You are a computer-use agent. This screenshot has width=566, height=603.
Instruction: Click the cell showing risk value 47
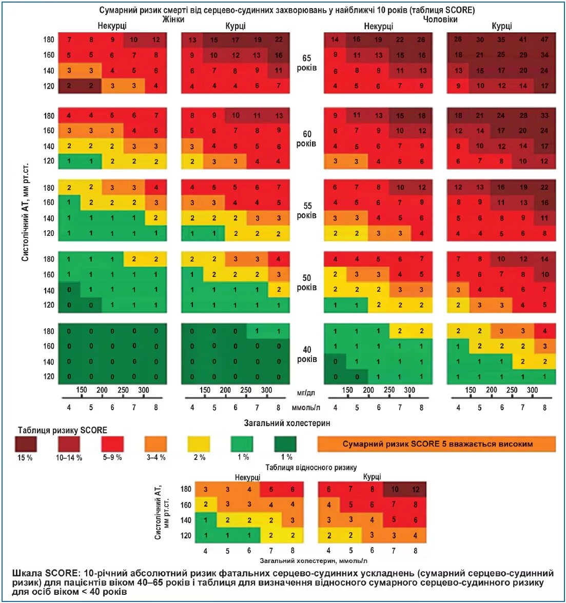tap(544, 39)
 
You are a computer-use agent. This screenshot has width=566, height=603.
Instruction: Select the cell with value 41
tap(523, 39)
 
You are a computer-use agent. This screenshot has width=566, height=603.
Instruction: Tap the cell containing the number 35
tap(501, 39)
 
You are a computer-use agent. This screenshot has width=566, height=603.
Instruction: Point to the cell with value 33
tap(544, 116)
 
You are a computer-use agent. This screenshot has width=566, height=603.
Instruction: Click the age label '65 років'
tap(306, 63)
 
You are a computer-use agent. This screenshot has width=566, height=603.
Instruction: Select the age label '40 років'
tap(306, 354)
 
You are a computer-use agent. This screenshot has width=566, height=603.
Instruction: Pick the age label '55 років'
tap(306, 210)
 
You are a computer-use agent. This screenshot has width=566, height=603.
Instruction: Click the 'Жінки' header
tap(173, 19)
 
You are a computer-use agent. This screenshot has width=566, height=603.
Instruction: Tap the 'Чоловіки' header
tap(440, 19)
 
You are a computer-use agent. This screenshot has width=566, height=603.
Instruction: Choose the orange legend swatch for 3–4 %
tap(155, 444)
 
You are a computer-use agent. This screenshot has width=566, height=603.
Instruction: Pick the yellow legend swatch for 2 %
tap(199, 444)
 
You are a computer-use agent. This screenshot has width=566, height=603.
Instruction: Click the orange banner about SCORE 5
tap(437, 444)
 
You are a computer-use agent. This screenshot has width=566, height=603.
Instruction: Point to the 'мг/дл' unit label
tap(306, 392)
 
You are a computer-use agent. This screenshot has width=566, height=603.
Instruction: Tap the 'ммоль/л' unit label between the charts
tap(306, 408)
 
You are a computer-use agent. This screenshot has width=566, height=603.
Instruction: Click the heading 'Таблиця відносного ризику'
tap(311, 467)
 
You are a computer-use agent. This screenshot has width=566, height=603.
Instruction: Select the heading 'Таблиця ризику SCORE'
tap(63, 430)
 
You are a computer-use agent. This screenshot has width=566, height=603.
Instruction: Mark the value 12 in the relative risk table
tap(416, 490)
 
